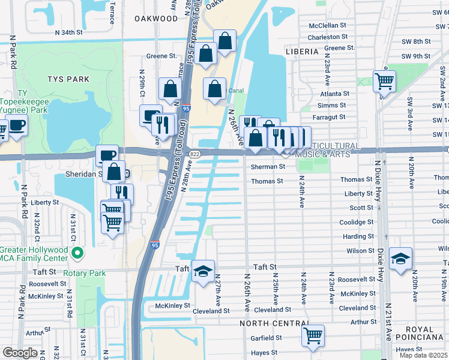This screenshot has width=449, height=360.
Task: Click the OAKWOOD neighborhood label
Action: [x=157, y=19]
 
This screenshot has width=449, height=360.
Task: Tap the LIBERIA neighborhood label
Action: [x=303, y=52]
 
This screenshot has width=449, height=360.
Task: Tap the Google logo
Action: [x=20, y=353]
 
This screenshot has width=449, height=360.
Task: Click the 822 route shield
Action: [x=194, y=154]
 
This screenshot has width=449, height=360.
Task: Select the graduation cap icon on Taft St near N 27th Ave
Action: [x=203, y=272]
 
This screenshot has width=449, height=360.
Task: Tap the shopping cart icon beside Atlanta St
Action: [x=384, y=80]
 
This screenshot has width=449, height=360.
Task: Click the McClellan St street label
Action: [x=327, y=26]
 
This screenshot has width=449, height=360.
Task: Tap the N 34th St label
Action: [x=67, y=32]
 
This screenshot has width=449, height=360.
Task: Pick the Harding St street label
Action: [x=358, y=236]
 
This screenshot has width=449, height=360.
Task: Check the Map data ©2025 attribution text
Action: [x=423, y=355]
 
